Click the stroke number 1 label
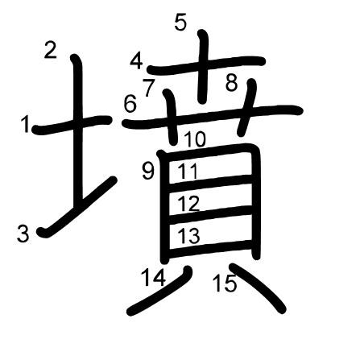(26, 124)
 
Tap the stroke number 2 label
(51, 50)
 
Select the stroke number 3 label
(23, 234)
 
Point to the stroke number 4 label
(136, 61)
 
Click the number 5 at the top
(180, 23)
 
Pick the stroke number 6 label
(130, 104)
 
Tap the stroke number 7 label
(149, 88)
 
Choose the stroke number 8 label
(232, 83)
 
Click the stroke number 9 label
(148, 172)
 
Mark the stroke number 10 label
(195, 139)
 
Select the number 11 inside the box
(188, 171)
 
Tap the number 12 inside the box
(188, 204)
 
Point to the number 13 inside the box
(188, 235)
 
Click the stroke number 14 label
(154, 277)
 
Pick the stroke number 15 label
(225, 283)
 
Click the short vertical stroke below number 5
(203, 67)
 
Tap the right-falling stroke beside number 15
(257, 288)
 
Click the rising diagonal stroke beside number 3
(78, 206)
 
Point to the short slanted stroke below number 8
(247, 107)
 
